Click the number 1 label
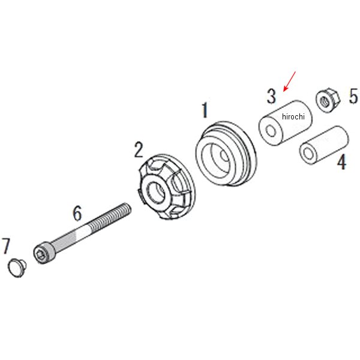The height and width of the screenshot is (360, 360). (x=205, y=110)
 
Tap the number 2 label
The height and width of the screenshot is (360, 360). (x=139, y=150)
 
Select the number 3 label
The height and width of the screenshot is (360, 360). (x=271, y=96)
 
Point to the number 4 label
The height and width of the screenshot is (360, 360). (x=342, y=163)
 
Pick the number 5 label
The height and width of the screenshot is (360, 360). (x=353, y=96)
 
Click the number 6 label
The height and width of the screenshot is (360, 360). (x=77, y=213)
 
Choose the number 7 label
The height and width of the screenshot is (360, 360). (x=6, y=246)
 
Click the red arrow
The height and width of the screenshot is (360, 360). (x=290, y=82)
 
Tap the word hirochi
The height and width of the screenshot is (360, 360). (x=293, y=116)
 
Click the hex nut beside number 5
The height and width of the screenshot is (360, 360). (x=328, y=100)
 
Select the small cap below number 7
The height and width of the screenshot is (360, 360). (x=17, y=268)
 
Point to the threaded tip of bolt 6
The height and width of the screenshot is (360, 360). (x=127, y=208)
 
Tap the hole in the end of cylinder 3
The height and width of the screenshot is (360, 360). (x=271, y=131)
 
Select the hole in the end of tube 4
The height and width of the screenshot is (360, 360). (x=307, y=152)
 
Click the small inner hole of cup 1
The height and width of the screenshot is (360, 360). (x=224, y=156)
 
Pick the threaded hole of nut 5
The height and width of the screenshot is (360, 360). (x=325, y=101)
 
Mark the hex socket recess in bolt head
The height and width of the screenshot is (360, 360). (x=41, y=254)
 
